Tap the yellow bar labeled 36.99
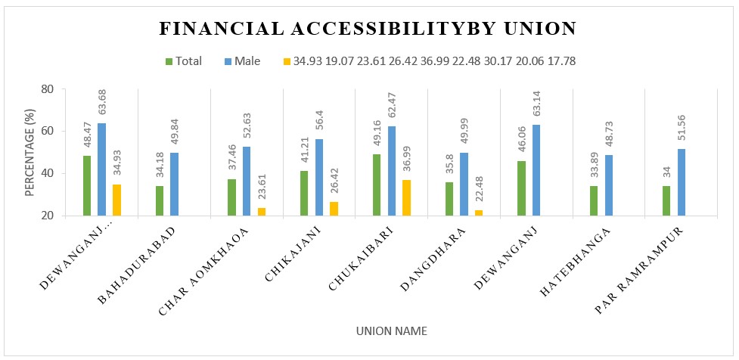click(x=406, y=197)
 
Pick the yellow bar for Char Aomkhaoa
click(x=262, y=211)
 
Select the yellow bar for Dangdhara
click(x=479, y=213)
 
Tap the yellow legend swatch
click(x=286, y=61)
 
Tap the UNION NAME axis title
click(x=393, y=331)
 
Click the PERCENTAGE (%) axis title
click(x=30, y=152)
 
